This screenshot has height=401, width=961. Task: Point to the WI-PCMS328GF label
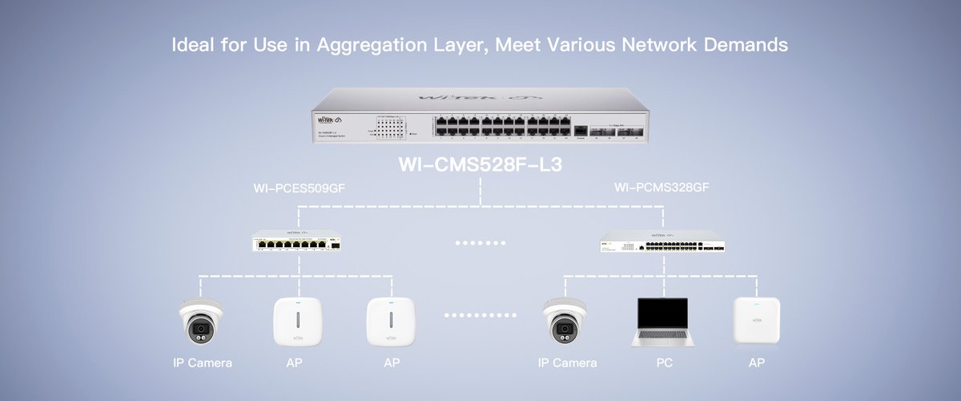coord(661,189)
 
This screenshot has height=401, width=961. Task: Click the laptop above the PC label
coord(660,321)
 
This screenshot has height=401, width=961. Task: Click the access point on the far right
coord(757,322)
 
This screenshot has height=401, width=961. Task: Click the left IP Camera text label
coord(203,363)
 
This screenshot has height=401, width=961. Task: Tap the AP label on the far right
coord(757,363)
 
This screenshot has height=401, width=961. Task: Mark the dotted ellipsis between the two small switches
coord(480,241)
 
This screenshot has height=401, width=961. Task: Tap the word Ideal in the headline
coord(195,45)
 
